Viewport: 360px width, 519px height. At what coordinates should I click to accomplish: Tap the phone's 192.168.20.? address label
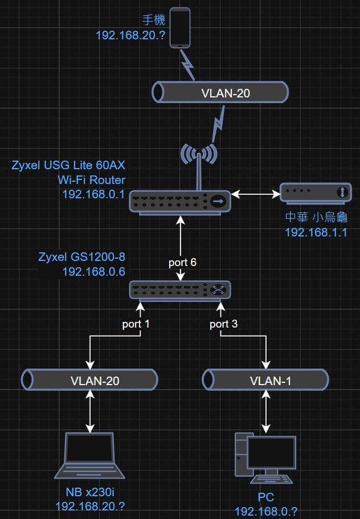[x=130, y=35]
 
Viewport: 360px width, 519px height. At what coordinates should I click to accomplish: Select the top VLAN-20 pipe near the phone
[x=220, y=93]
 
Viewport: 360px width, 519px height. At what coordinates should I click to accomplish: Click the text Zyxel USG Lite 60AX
[x=68, y=166]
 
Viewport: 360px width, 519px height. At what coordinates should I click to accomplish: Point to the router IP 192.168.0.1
[x=93, y=194]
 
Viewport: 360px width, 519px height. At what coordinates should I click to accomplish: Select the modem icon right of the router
[x=316, y=193]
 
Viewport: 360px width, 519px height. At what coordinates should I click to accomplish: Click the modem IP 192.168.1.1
[x=316, y=232]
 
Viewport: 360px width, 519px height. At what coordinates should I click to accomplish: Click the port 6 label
[x=182, y=263]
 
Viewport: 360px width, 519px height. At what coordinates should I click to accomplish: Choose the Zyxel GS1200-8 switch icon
[x=180, y=290]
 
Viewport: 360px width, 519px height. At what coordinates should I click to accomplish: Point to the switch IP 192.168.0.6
[x=93, y=271]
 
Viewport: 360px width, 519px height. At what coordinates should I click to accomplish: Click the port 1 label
[x=136, y=324]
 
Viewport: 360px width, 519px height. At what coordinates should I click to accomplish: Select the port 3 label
[x=223, y=324]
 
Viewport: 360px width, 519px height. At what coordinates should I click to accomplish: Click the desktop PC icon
[x=265, y=457]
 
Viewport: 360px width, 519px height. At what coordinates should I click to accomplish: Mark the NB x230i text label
[x=90, y=492]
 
